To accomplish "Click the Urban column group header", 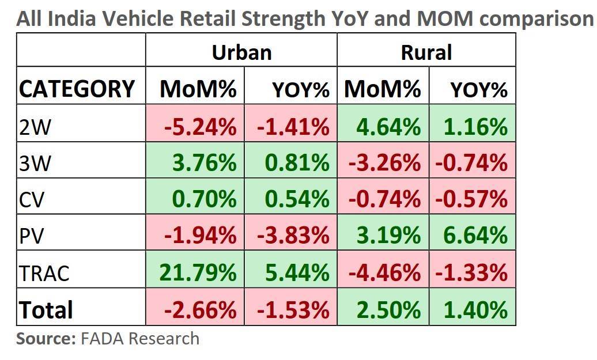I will [x=241, y=52].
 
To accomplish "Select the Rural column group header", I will [x=426, y=52].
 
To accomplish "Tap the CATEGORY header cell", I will [x=77, y=89].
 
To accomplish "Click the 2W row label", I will [x=35, y=127].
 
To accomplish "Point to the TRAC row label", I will [x=44, y=273].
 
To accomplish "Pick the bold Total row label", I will [x=46, y=310].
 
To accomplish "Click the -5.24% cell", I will [x=199, y=127].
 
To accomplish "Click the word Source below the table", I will [x=46, y=338].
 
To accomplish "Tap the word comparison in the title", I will [x=537, y=19].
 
